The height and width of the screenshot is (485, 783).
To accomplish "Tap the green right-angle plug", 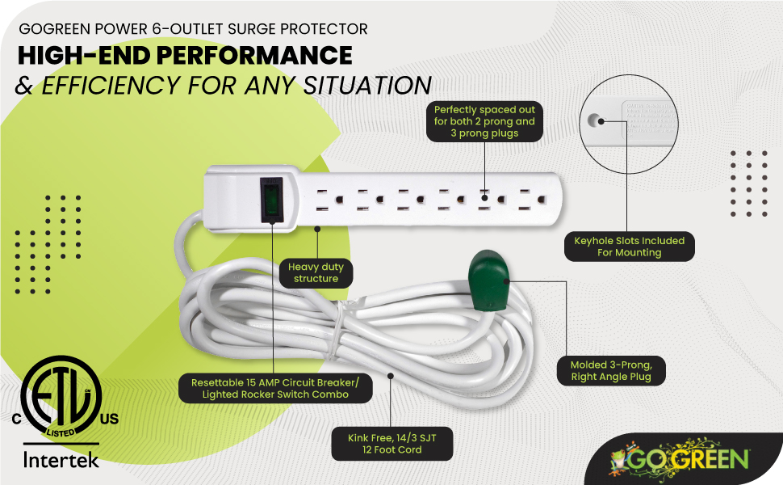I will [x=486, y=280].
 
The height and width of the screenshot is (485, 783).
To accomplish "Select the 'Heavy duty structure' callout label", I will [x=316, y=272].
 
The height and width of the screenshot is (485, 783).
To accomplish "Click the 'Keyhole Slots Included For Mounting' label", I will [x=629, y=247].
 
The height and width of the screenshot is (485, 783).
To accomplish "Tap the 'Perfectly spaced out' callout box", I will [x=484, y=121].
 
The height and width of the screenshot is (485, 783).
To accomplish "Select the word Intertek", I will [x=61, y=461].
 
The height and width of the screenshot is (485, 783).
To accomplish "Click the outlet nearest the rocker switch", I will [x=322, y=200].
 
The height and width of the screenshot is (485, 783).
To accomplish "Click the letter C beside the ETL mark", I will [x=15, y=419].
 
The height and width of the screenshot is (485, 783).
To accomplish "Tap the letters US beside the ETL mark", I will [x=108, y=419].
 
